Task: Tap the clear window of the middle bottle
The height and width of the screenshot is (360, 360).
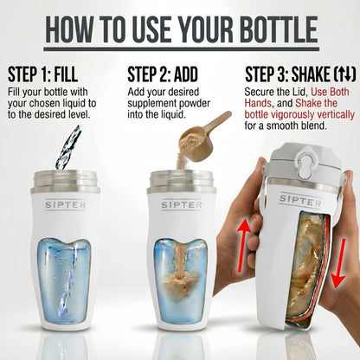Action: coord(180,273)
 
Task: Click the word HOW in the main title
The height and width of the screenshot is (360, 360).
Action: coord(71,25)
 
